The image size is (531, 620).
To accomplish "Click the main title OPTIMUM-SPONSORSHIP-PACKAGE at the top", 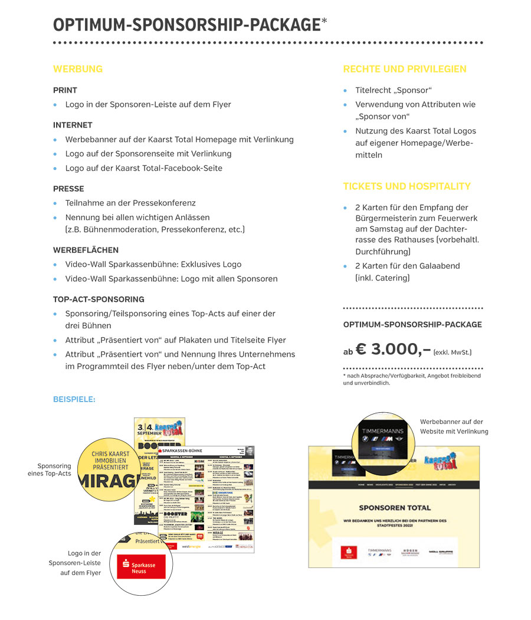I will click(x=186, y=25).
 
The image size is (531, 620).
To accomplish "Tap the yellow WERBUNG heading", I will click(x=78, y=69).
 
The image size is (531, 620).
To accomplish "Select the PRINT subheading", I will click(x=65, y=90).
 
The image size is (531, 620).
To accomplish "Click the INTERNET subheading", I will click(x=73, y=125).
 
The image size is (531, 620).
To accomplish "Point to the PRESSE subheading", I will click(x=68, y=189).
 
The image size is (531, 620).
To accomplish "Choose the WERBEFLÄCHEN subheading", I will click(x=86, y=250).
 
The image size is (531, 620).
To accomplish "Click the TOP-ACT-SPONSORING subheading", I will click(x=99, y=299).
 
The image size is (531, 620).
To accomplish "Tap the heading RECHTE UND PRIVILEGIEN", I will click(x=405, y=69).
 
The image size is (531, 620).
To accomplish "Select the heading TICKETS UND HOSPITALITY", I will click(x=407, y=187).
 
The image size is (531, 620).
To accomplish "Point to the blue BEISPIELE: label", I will click(x=74, y=400).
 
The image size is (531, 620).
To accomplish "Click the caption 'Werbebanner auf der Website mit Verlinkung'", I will click(x=454, y=426).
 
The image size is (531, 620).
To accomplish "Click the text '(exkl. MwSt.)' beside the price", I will click(x=453, y=353).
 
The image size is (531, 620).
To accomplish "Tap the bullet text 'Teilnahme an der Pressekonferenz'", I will click(x=130, y=203).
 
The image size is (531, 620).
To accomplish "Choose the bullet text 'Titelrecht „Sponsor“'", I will click(x=394, y=90).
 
